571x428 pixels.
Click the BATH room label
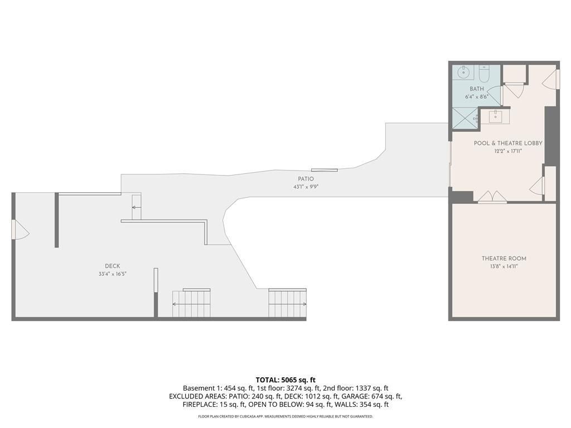pos(477,89)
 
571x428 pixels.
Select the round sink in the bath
pos(463,72)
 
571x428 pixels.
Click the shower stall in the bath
pos(464,118)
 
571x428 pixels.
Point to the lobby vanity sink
pos(495,117)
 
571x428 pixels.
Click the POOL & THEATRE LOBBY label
pos(508,143)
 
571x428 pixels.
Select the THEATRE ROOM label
pos(504,259)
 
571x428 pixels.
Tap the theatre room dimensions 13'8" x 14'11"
pos(504,266)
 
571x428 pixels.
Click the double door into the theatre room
pos(492,197)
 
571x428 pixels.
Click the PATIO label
pos(306,179)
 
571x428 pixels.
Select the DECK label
pos(113,266)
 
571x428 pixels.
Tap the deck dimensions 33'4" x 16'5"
pos(113,274)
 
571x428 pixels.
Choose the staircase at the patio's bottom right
pos(287,303)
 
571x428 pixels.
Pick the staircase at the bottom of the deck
pos(192,303)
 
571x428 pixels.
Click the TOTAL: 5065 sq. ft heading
pos(285,380)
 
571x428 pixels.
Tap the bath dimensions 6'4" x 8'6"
pos(477,97)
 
